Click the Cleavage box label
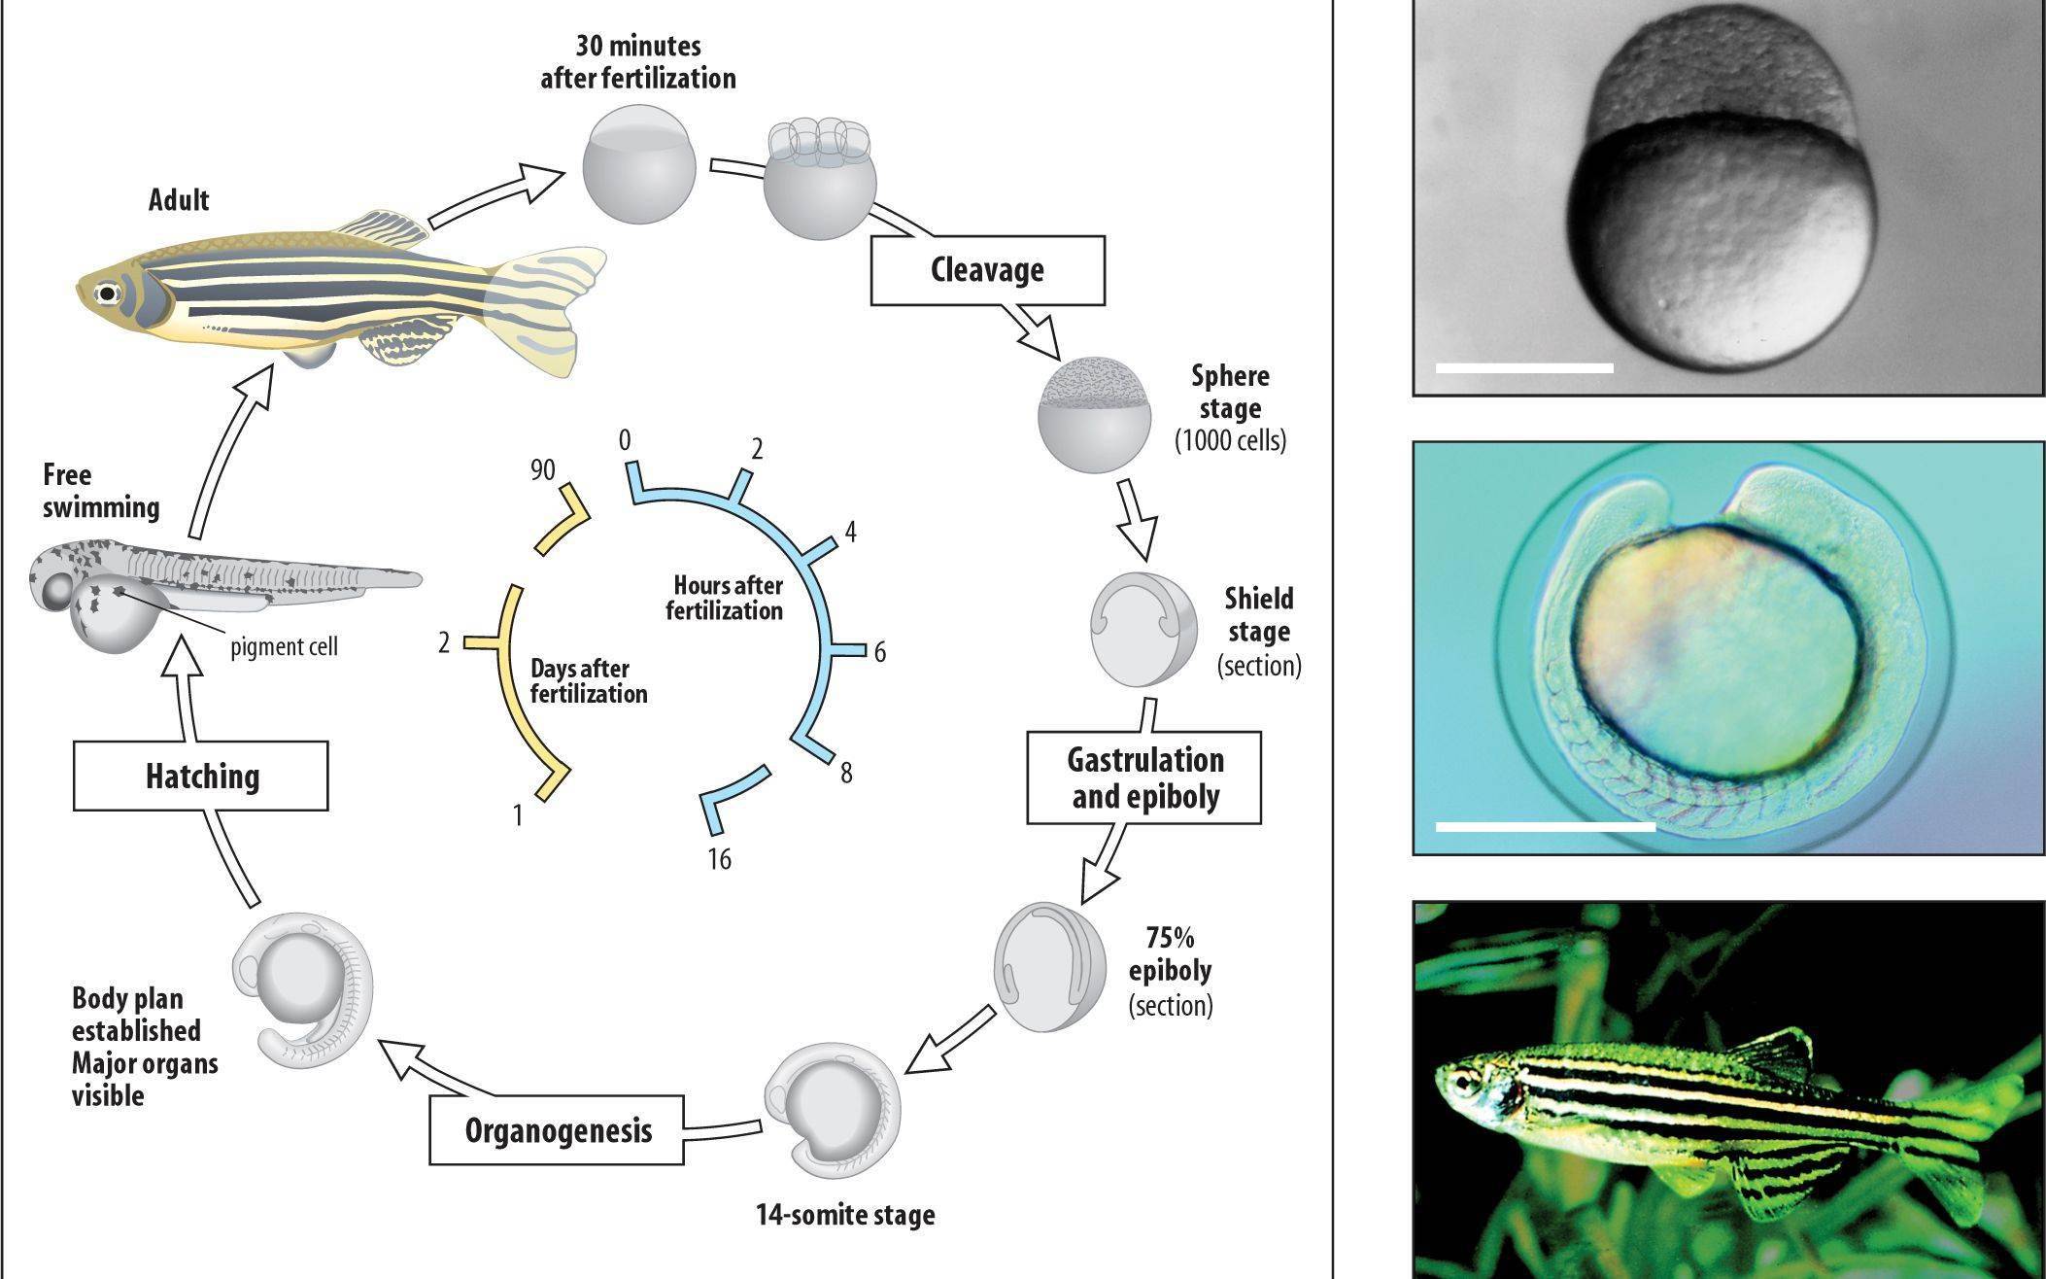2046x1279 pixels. click(987, 269)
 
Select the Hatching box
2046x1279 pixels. click(201, 776)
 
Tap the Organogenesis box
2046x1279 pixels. click(558, 1130)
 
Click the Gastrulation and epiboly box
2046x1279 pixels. click(1144, 778)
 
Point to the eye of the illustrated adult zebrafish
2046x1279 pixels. click(104, 293)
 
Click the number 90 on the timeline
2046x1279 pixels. click(542, 470)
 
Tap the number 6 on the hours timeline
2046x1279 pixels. click(879, 652)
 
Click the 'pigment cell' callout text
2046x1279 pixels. click(284, 646)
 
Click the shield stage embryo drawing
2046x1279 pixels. click(1144, 632)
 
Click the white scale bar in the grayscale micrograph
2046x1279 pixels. click(1523, 368)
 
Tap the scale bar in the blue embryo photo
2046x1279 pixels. click(1545, 827)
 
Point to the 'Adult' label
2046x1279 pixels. click(179, 200)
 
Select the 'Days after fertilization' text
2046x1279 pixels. click(588, 681)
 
